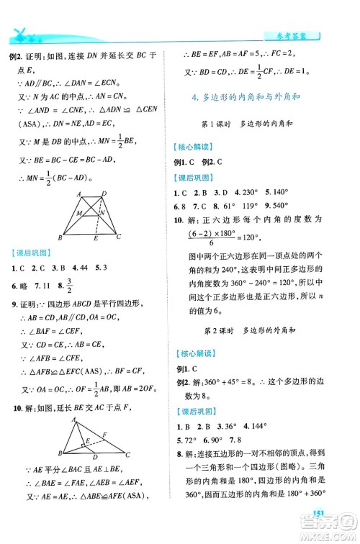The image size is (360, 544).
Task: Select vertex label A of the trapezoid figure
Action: coord(77,194)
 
